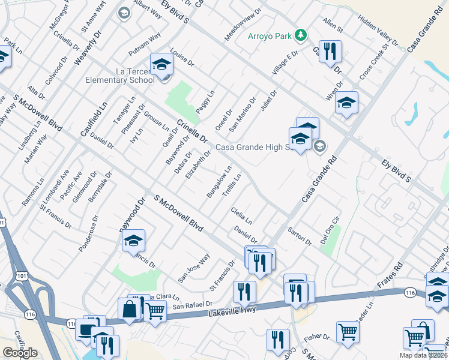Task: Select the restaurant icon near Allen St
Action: pyautogui.click(x=330, y=51)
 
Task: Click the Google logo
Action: pyautogui.click(x=20, y=353)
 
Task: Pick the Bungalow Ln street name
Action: pyautogui.click(x=218, y=182)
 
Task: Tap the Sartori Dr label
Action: pyautogui.click(x=300, y=236)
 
